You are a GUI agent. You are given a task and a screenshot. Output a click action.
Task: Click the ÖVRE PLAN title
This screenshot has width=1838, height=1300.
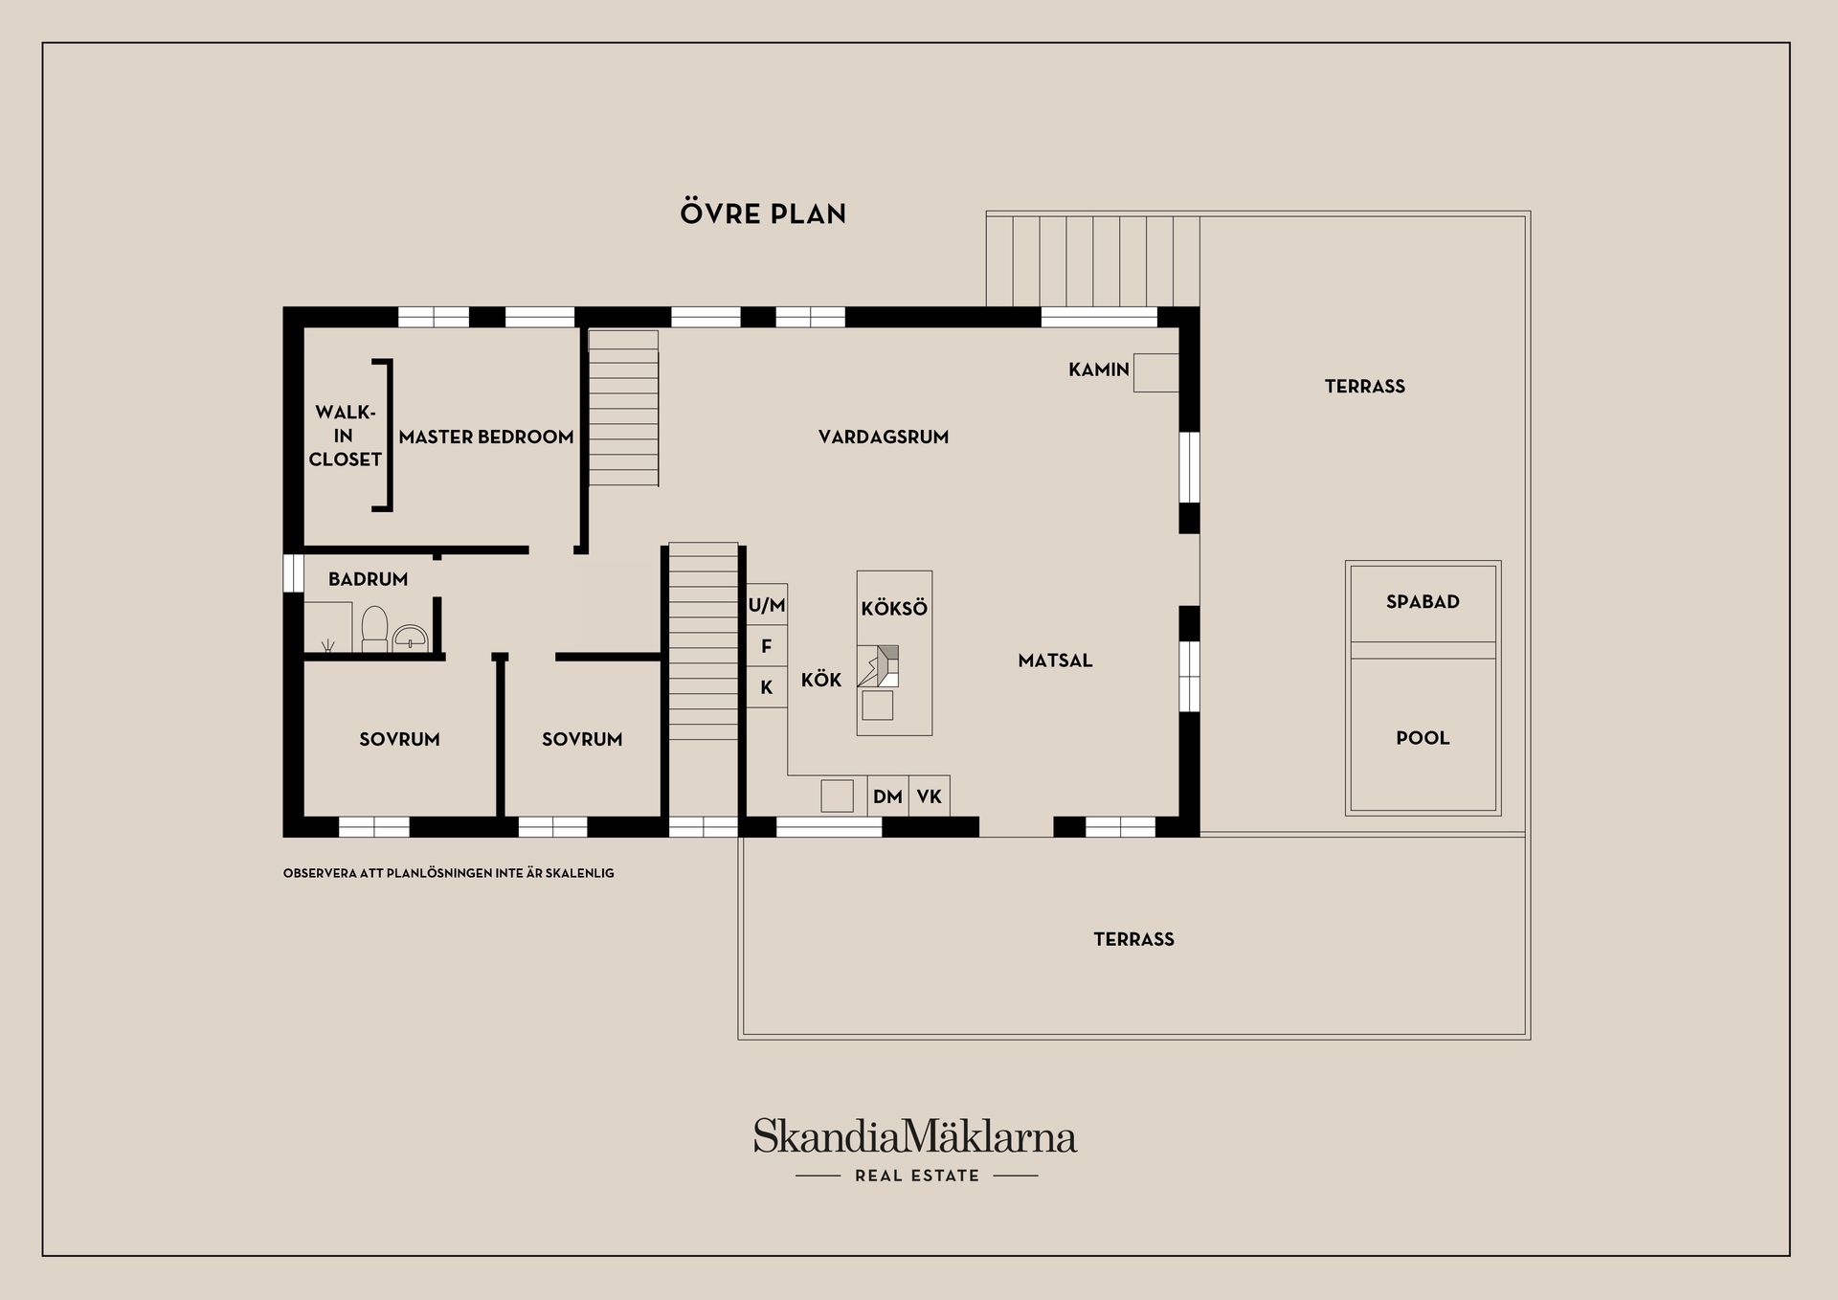(x=763, y=213)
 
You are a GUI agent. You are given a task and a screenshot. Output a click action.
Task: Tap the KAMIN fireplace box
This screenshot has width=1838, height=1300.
(x=1155, y=372)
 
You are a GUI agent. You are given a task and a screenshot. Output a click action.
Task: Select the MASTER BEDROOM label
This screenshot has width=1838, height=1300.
(x=486, y=437)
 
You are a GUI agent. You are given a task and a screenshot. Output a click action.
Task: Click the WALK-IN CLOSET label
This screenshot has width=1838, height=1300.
(x=345, y=436)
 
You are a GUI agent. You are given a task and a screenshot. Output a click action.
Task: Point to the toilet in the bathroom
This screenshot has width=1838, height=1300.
(x=374, y=628)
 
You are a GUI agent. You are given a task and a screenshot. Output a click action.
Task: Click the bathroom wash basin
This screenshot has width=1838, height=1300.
(x=411, y=637)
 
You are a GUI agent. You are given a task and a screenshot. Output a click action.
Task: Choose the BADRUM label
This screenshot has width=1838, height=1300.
(x=368, y=579)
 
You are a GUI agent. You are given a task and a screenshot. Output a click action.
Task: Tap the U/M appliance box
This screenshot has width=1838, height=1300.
(x=767, y=605)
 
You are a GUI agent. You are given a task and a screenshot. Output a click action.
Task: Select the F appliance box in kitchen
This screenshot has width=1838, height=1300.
(x=767, y=646)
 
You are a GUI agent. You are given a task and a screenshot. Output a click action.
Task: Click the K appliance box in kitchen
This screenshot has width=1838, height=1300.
(x=767, y=687)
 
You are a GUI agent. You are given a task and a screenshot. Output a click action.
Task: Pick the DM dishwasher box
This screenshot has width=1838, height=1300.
(x=887, y=796)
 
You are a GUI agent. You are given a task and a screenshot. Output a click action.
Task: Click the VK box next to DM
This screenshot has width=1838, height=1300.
(x=929, y=796)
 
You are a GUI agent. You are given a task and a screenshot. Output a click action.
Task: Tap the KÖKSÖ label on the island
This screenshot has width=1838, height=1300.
(x=894, y=608)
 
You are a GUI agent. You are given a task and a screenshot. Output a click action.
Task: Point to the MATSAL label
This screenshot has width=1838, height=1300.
(x=1055, y=660)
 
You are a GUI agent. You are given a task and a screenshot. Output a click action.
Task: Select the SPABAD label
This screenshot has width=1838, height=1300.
(x=1423, y=601)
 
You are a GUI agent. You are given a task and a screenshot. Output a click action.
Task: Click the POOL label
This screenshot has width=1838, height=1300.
(x=1423, y=737)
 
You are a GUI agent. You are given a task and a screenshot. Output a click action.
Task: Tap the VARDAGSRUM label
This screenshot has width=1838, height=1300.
(x=884, y=437)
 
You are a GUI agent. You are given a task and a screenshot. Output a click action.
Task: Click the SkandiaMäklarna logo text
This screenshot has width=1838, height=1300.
(x=915, y=1136)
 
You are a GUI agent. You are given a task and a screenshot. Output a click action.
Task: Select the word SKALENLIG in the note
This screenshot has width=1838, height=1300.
(x=580, y=873)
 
